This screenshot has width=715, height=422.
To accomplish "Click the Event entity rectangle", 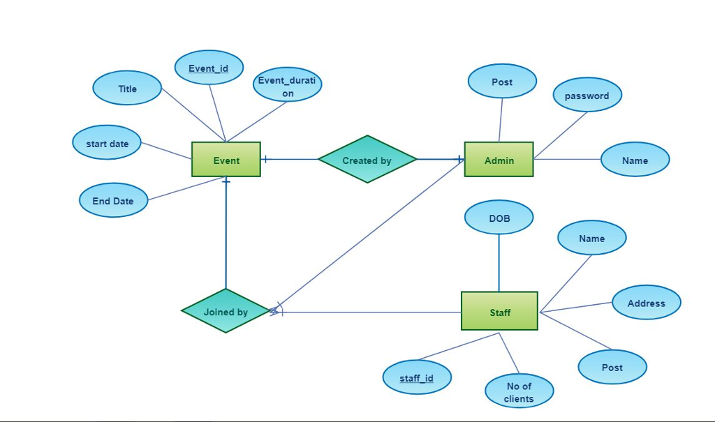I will point(226,160).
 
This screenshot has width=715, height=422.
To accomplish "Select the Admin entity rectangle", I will point(499,160).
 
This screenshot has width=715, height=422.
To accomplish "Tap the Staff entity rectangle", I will point(499,311).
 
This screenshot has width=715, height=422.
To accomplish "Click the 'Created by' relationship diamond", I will point(367,160).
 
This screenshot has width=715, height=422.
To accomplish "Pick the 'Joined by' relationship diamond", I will point(226,311).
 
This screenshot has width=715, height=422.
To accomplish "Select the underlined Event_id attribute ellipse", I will point(208,68).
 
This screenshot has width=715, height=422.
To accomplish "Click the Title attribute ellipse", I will point(127,89).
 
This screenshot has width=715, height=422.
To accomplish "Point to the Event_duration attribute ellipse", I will point(287,86).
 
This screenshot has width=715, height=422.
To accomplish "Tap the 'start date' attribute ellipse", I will point(107,143).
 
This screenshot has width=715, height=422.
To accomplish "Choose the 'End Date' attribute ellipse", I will point(113,201).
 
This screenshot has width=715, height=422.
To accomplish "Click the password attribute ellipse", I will point(587,96).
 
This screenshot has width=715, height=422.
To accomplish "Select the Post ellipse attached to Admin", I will point(502,82).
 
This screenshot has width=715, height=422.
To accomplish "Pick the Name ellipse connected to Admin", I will point(635,160).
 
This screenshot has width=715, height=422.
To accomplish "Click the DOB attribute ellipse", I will point(499,218).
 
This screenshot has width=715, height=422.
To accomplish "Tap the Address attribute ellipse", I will point(646,303).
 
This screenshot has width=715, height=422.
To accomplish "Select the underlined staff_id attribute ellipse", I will point(417,377).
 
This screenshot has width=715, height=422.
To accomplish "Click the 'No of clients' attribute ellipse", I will point(519,391).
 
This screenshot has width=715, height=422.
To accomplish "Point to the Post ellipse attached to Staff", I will point(612,367).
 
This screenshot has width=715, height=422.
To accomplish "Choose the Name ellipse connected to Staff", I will point(591,238).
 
